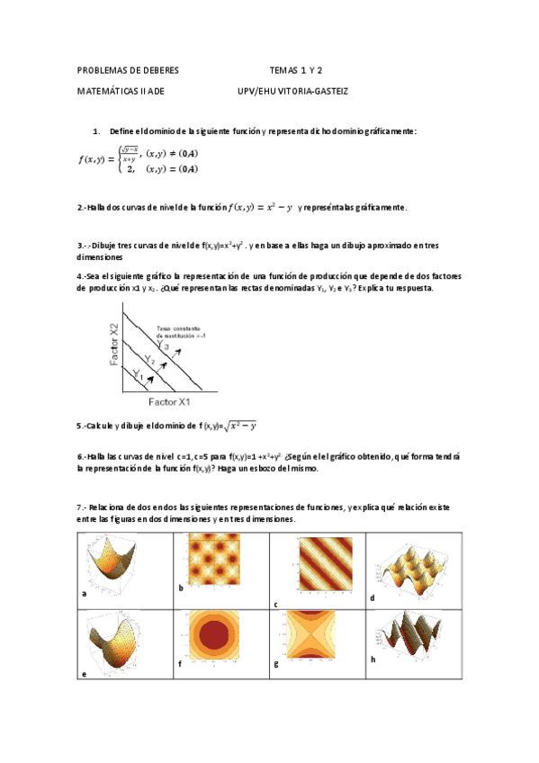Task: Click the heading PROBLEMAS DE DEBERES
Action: tap(128, 69)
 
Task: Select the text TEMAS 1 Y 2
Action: tap(296, 69)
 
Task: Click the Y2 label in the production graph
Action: tap(151, 359)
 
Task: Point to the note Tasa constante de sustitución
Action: tap(181, 331)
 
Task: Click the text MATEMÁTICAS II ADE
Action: tap(121, 91)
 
